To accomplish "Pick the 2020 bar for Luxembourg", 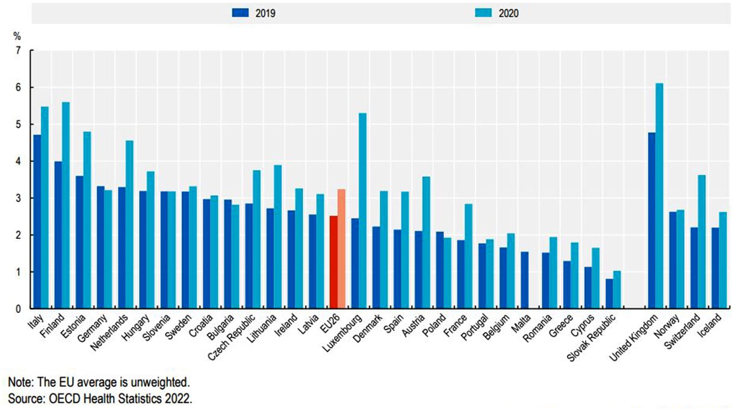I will click(362, 211).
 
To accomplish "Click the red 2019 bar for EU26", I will click(333, 262).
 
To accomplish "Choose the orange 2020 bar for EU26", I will click(341, 249).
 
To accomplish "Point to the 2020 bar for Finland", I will click(66, 205).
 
